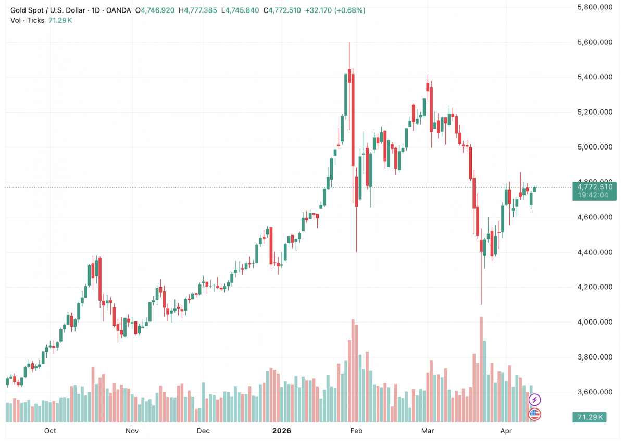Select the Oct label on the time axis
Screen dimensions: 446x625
[50, 431]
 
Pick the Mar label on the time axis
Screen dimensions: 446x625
[428, 431]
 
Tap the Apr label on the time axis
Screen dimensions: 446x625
[506, 431]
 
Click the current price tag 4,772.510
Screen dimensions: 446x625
[595, 187]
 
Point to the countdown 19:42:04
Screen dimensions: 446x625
[595, 195]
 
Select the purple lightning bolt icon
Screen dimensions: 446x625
[534, 400]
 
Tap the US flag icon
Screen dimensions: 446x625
[534, 414]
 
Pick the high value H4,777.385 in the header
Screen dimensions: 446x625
[197, 10]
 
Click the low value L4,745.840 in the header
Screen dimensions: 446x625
[240, 10]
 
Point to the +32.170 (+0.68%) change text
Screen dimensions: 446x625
[335, 10]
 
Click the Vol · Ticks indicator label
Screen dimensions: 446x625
[28, 20]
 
